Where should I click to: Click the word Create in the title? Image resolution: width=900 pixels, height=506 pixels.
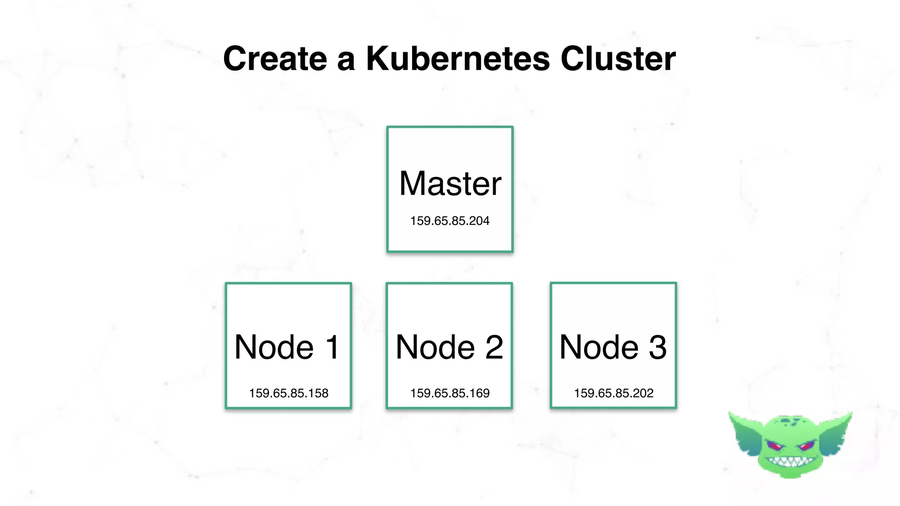[x=275, y=58]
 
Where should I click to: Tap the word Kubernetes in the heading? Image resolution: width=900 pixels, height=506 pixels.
[x=457, y=58]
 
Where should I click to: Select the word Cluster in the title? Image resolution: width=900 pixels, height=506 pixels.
[x=618, y=58]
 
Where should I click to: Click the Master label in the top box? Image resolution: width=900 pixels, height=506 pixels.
[x=450, y=183]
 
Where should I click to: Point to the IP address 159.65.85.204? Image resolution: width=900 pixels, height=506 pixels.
[x=450, y=220]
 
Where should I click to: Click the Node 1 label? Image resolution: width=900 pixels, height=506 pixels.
[x=287, y=347]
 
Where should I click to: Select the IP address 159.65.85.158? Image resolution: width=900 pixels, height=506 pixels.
[x=288, y=393]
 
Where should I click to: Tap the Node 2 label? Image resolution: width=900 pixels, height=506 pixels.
[x=449, y=347]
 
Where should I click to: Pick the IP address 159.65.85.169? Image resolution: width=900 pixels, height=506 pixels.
[x=450, y=393]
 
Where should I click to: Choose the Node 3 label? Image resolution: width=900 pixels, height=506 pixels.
[x=613, y=347]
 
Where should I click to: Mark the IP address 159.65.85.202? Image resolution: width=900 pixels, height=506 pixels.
[x=613, y=393]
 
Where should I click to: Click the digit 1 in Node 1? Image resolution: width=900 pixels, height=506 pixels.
[x=332, y=347]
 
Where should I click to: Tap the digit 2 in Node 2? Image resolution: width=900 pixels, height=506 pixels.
[x=494, y=347]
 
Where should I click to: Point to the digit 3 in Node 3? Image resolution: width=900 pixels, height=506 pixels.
[x=657, y=347]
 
